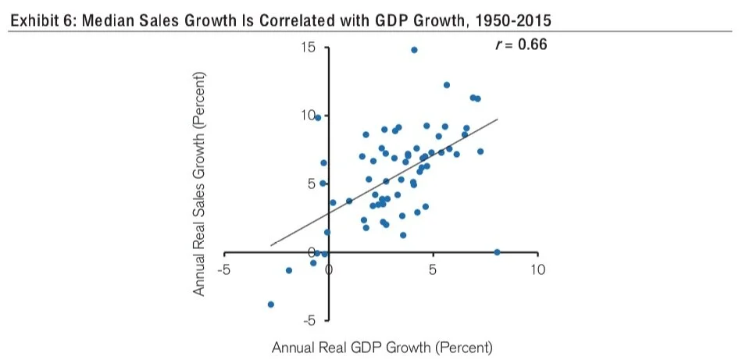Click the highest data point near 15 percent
click(414, 50)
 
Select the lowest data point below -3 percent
click(271, 304)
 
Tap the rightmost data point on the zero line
click(497, 252)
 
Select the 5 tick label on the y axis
click(311, 184)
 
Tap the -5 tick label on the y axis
click(309, 320)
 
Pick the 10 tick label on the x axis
click(537, 270)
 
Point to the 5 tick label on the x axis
click(432, 270)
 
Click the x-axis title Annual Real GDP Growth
click(382, 347)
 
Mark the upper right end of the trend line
click(497, 119)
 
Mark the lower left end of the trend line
click(271, 245)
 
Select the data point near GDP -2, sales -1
click(289, 270)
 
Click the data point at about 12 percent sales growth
click(446, 85)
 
